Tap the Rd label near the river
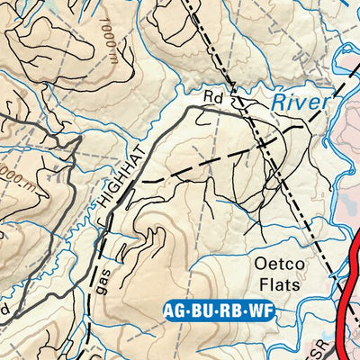click(211, 94)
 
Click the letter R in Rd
click(207, 94)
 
